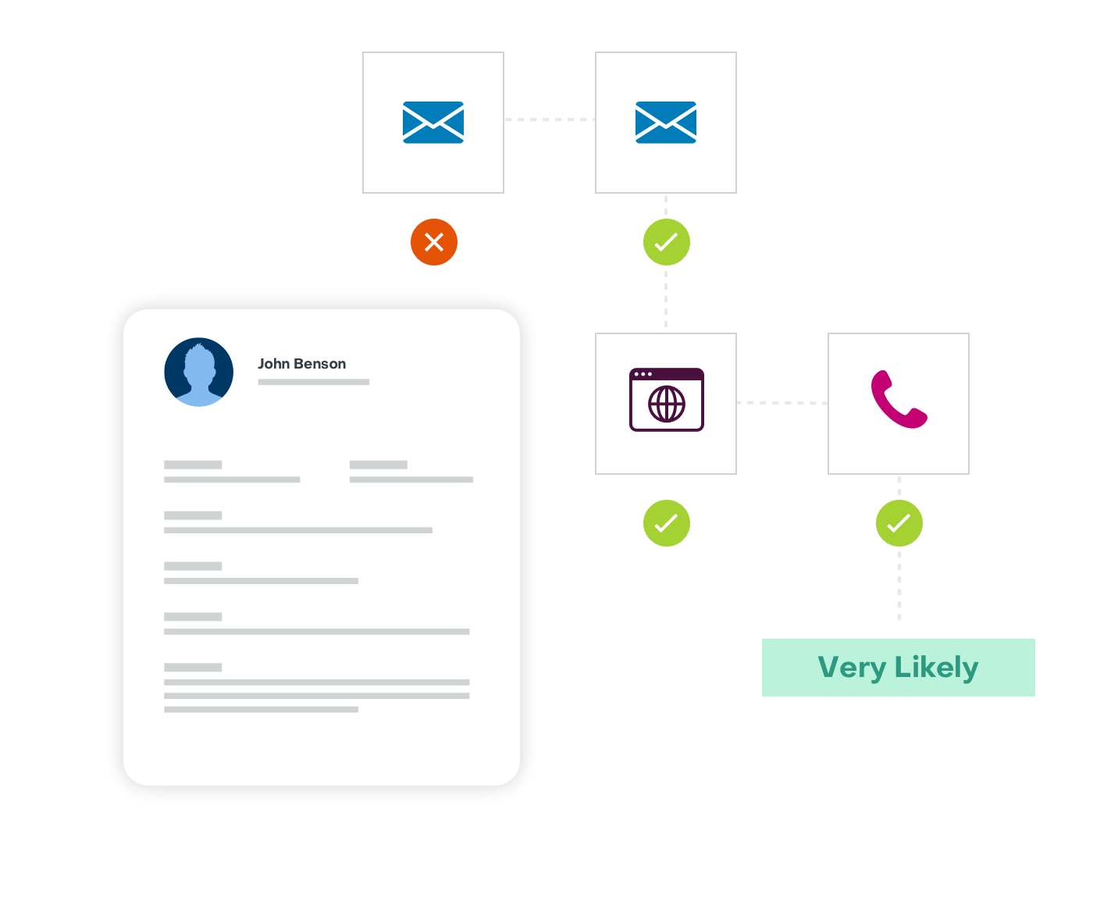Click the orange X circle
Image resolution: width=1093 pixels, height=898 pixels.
433,242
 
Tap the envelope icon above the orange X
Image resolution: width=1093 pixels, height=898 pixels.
433,123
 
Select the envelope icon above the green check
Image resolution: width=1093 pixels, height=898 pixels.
665,123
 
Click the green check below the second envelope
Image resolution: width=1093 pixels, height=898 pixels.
666,242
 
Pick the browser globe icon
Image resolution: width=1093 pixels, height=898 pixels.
666,399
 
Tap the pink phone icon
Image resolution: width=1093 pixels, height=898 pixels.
898,399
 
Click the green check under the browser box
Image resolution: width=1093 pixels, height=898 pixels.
666,522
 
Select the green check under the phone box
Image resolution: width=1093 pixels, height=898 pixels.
899,522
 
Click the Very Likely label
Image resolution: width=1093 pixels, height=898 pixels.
898,668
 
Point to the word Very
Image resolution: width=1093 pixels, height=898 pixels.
852,668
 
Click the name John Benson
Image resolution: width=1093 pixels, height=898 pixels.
301,363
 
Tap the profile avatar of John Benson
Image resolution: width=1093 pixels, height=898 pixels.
198,372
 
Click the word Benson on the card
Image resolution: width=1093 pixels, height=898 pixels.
319,363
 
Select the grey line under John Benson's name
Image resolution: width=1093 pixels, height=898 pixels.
314,382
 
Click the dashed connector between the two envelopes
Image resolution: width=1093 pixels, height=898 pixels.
550,119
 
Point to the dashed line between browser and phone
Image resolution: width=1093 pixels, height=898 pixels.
782,402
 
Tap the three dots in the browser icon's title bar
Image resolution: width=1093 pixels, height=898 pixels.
643,374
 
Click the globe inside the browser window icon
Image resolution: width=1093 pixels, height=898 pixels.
667,404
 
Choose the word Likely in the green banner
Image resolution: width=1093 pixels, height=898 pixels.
936,668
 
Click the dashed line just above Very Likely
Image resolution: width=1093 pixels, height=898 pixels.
899,586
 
